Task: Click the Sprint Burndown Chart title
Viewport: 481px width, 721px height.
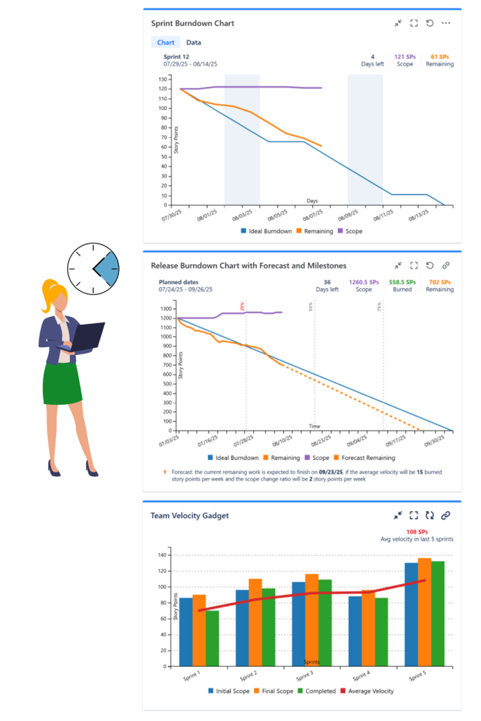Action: (193, 23)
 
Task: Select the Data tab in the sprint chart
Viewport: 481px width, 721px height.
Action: (193, 43)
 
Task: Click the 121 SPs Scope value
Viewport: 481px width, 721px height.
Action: (404, 56)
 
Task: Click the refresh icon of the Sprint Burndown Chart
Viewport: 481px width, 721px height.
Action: (430, 23)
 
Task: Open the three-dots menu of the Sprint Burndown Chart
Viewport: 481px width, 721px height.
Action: (446, 23)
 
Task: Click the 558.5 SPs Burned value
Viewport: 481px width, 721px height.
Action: (402, 282)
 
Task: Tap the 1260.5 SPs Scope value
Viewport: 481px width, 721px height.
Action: (363, 282)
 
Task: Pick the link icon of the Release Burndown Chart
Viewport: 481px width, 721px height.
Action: (446, 266)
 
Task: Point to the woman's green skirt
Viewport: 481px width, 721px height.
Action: (63, 383)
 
